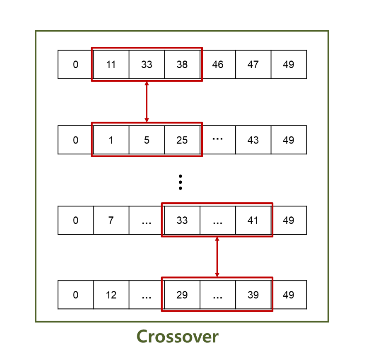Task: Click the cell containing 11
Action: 111,65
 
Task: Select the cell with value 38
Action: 182,65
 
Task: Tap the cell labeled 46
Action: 218,65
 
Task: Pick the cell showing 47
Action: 253,65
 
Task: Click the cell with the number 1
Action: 111,140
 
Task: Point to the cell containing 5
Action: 147,140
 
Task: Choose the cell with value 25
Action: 182,140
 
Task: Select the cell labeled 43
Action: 253,140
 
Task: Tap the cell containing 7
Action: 111,221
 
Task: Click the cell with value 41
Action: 253,221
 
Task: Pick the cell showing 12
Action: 111,295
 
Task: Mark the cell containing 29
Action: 182,295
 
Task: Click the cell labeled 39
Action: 253,295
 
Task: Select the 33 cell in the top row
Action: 147,65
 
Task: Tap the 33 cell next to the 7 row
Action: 182,221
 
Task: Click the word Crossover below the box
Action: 177,336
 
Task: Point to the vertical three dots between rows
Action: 180,182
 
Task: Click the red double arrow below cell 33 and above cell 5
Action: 146,102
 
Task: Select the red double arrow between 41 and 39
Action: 217,257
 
